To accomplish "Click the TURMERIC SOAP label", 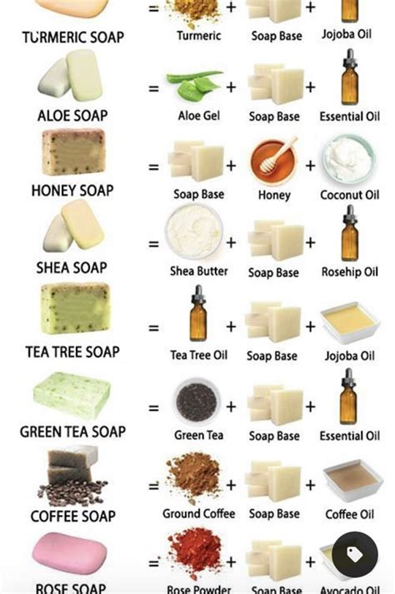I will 73,37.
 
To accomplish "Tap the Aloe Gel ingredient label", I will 198,116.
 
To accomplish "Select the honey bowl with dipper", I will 274,160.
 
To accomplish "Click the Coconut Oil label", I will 350,196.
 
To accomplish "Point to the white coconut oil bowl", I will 350,159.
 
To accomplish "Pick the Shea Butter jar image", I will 193,233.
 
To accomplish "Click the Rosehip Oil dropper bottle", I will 350,234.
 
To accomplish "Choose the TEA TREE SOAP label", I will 72,352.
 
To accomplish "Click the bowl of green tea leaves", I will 197,400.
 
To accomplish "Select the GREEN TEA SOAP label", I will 73,433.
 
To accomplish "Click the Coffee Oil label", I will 350,514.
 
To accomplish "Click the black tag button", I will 354,555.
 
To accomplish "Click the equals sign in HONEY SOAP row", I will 153,166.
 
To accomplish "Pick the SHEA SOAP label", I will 72,268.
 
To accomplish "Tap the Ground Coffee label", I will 198,514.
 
